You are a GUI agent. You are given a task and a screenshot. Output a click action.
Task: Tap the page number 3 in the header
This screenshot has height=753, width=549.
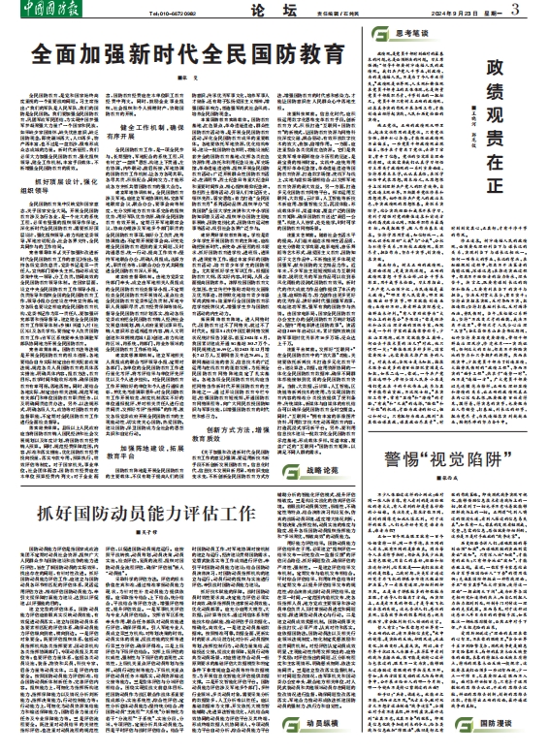pos(539,11)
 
